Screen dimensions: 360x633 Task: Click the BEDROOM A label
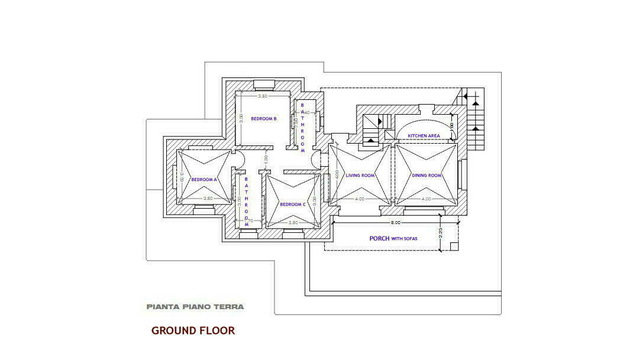point(204,179)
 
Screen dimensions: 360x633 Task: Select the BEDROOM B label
point(264,119)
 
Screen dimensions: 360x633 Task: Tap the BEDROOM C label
point(293,205)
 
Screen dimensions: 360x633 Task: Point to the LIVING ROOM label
point(360,176)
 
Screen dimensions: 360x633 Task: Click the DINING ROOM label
point(427,176)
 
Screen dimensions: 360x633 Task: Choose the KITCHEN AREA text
point(424,136)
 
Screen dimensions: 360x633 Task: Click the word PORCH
point(379,239)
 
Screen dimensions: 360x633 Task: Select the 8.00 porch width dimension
point(395,222)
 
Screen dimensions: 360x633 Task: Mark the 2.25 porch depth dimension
point(441,233)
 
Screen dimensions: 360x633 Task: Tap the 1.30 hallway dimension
point(266,159)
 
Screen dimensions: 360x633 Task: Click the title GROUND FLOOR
point(193,331)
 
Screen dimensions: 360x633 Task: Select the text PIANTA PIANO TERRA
point(195,307)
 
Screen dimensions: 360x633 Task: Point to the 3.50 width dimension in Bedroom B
point(263,96)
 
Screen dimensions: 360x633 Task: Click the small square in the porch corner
point(453,246)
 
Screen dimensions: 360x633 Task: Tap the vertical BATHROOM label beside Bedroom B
point(303,128)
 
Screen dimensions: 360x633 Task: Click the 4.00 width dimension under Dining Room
point(426,199)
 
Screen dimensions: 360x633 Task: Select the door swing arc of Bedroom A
point(240,159)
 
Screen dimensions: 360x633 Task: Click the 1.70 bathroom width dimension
point(249,221)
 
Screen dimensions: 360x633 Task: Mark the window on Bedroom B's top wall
point(263,82)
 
